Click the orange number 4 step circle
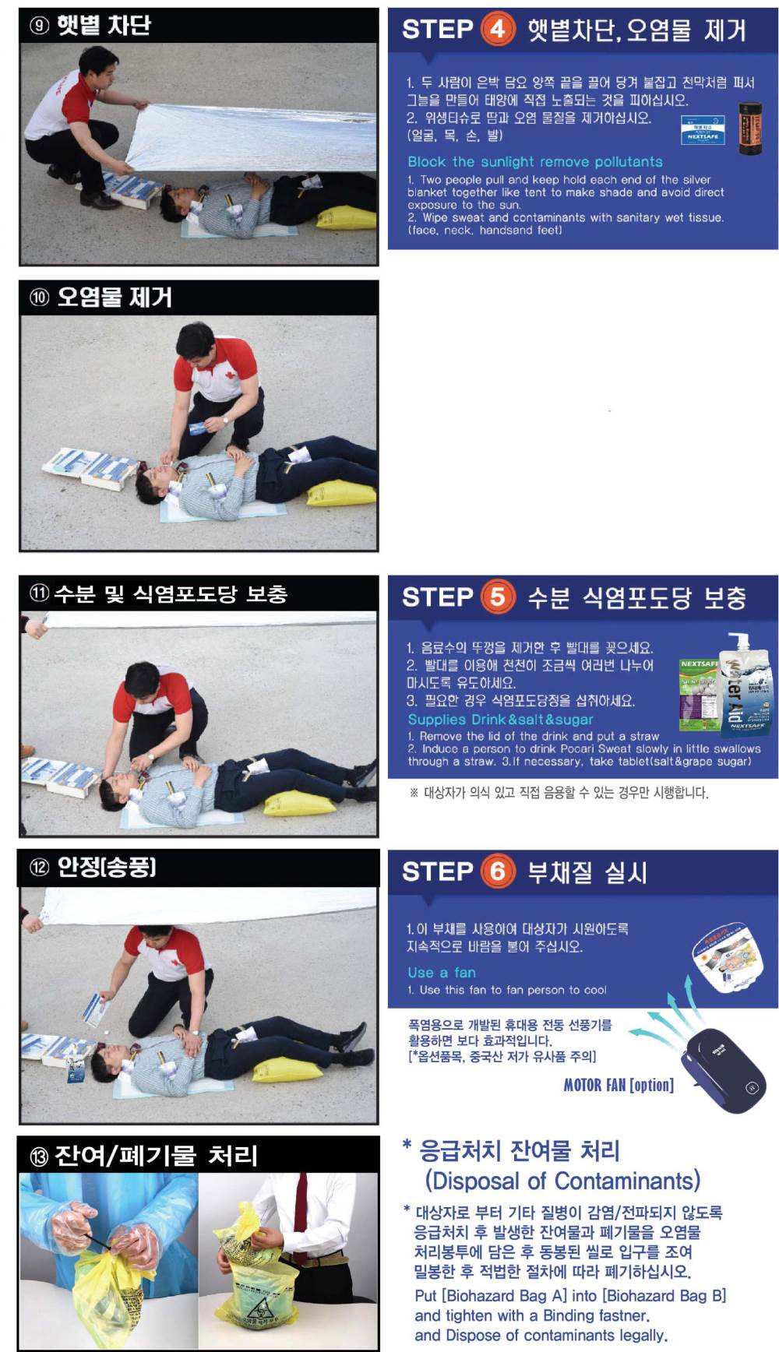(x=498, y=30)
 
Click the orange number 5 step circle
(x=498, y=597)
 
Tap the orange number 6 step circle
(x=498, y=871)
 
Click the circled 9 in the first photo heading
(x=39, y=26)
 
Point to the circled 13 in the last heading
(x=38, y=1157)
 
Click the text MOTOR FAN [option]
(x=619, y=1085)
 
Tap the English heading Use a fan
(x=441, y=972)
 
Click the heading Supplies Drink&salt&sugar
(x=500, y=720)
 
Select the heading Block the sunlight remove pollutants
(x=535, y=162)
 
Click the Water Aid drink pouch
(x=745, y=685)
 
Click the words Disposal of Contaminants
(x=562, y=1181)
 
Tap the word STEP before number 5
(x=437, y=597)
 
